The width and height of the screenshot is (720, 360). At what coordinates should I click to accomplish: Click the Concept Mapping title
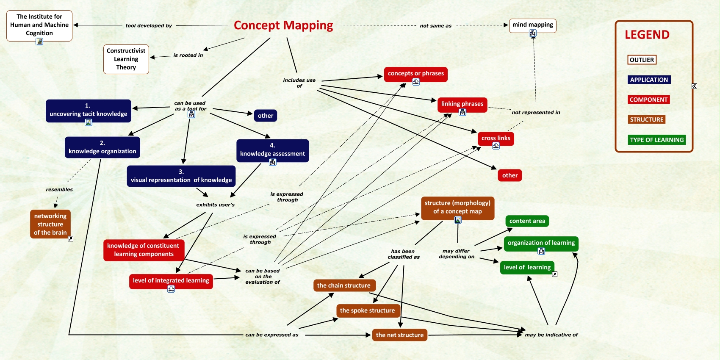tap(283, 25)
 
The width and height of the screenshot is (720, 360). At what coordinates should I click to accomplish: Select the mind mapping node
tap(532, 25)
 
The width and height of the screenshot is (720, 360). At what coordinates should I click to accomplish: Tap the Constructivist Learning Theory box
tap(126, 59)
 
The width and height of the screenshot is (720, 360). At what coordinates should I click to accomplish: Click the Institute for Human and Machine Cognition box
tap(39, 25)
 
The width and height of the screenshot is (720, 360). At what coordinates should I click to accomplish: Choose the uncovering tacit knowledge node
tap(88, 110)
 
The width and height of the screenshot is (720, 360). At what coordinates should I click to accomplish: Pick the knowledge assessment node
tap(272, 150)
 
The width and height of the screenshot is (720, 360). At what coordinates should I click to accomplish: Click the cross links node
tap(496, 138)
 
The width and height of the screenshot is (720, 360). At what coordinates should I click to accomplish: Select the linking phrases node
tap(462, 104)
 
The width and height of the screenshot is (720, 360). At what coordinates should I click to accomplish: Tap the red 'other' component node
tap(510, 175)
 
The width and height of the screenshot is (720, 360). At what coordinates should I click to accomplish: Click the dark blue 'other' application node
tap(266, 116)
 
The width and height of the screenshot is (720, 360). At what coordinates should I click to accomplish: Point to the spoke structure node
tap(367, 310)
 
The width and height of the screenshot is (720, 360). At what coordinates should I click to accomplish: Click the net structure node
tap(399, 335)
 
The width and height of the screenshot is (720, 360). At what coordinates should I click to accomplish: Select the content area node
tap(527, 221)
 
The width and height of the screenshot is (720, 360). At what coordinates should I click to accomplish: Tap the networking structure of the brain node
tap(50, 224)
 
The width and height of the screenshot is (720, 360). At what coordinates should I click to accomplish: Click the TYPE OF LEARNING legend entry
tap(656, 140)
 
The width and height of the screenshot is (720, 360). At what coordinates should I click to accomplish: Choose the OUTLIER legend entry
tap(642, 60)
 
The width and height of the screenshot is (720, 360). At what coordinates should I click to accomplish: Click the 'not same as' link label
tap(435, 26)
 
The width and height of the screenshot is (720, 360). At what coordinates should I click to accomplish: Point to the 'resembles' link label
tap(59, 190)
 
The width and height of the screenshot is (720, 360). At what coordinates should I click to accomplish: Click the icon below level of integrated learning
tap(171, 289)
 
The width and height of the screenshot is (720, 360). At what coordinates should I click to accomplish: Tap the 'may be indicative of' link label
tap(551, 335)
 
